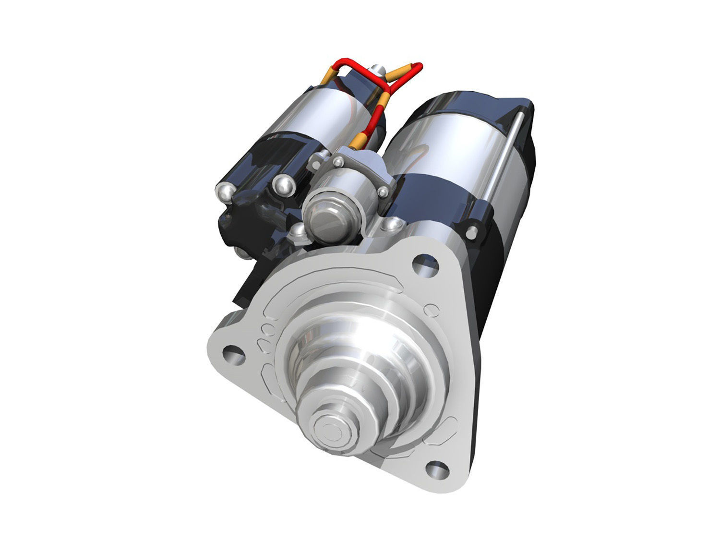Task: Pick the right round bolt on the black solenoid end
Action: (282, 186)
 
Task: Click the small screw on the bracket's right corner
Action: (383, 193)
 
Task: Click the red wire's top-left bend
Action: (342, 64)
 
